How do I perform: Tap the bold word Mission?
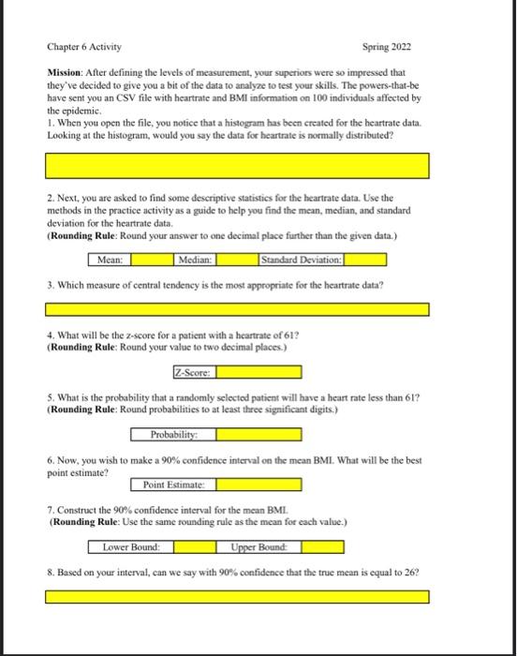[x=67, y=71]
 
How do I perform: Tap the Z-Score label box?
[x=194, y=372]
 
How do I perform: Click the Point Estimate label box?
[x=178, y=485]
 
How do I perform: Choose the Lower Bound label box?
[x=130, y=546]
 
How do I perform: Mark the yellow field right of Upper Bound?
[x=323, y=546]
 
